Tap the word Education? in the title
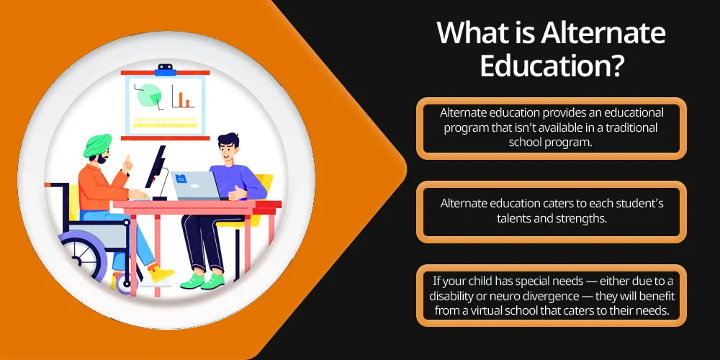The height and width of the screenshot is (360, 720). [x=552, y=66]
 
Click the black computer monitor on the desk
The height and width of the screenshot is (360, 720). [x=156, y=169]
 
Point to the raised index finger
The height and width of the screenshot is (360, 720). [x=127, y=160]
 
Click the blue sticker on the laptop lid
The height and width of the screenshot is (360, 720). [x=181, y=179]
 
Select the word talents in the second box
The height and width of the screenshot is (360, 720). [x=510, y=218]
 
